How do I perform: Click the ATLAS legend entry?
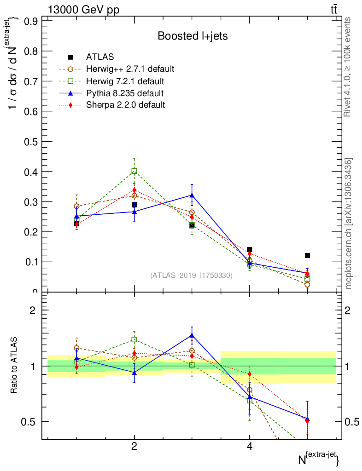tap(99, 57)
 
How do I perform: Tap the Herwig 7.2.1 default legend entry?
tap(125, 81)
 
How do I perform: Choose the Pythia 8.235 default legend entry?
tap(125, 93)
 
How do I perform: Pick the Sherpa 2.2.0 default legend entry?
tap(125, 105)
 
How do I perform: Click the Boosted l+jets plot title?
tap(193, 36)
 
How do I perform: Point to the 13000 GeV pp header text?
tap(83, 10)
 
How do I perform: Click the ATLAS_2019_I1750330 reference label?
tap(191, 276)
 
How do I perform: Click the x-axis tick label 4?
tap(250, 447)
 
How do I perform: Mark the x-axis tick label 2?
tap(134, 447)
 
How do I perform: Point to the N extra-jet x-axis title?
tap(319, 458)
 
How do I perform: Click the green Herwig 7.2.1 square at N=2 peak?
tap(134, 171)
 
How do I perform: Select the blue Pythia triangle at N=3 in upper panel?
tap(192, 195)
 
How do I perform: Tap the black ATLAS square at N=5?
tap(307, 255)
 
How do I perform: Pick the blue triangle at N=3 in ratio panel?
tap(192, 335)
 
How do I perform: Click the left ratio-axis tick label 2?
tap(33, 310)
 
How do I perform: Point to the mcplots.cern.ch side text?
tap(349, 224)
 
